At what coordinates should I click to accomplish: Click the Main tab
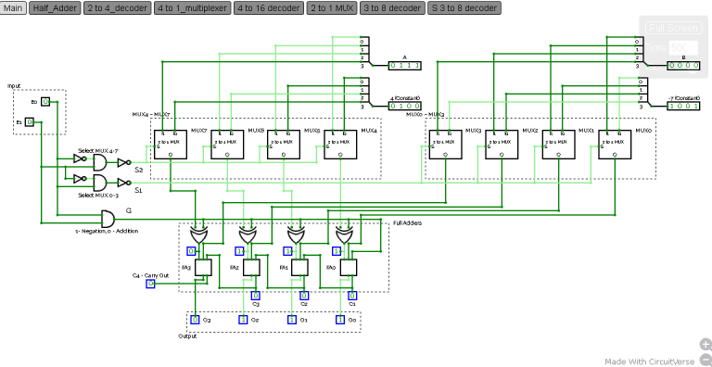click(x=14, y=7)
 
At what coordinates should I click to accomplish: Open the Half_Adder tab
click(x=55, y=7)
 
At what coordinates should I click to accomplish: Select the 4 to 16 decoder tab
click(x=268, y=7)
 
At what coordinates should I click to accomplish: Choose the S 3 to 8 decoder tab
click(x=464, y=7)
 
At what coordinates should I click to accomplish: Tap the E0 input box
click(x=44, y=101)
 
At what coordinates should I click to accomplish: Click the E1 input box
click(x=30, y=121)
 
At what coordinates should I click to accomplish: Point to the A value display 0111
click(x=404, y=65)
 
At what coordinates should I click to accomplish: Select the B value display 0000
click(x=684, y=65)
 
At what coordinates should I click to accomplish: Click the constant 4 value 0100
click(x=404, y=106)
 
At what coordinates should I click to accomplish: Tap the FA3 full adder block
click(x=202, y=267)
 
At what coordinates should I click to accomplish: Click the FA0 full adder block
click(x=348, y=267)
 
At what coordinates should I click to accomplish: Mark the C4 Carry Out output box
click(x=150, y=284)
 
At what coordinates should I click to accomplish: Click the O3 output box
click(x=195, y=320)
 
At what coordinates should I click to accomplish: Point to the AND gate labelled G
click(x=106, y=219)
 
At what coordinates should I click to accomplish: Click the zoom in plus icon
click(x=706, y=344)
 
